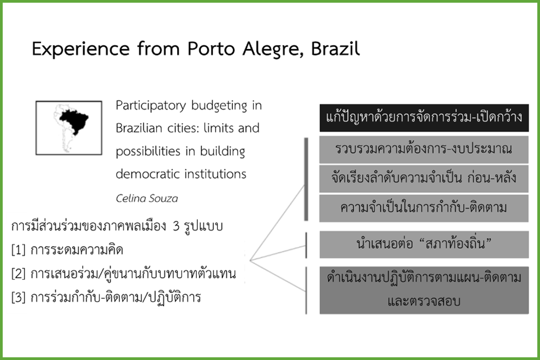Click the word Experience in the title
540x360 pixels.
pos(80,49)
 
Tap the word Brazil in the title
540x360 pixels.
pos(335,48)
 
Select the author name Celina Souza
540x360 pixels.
pos(147,198)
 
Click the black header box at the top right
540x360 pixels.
pos(424,118)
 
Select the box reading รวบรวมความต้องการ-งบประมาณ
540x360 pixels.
pos(423,150)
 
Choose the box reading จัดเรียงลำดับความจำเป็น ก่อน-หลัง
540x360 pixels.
pos(423,179)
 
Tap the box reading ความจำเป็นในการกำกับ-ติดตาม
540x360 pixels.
pos(423,208)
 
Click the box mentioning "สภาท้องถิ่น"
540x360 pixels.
pos(423,244)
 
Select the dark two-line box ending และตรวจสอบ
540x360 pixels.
pos(424,290)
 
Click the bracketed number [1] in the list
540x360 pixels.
pos(18,250)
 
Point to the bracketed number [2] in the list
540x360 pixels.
pos(18,274)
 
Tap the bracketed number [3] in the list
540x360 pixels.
pos(18,297)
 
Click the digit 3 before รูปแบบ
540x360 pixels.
pos(177,227)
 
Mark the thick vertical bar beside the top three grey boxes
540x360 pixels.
pos(306,179)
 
